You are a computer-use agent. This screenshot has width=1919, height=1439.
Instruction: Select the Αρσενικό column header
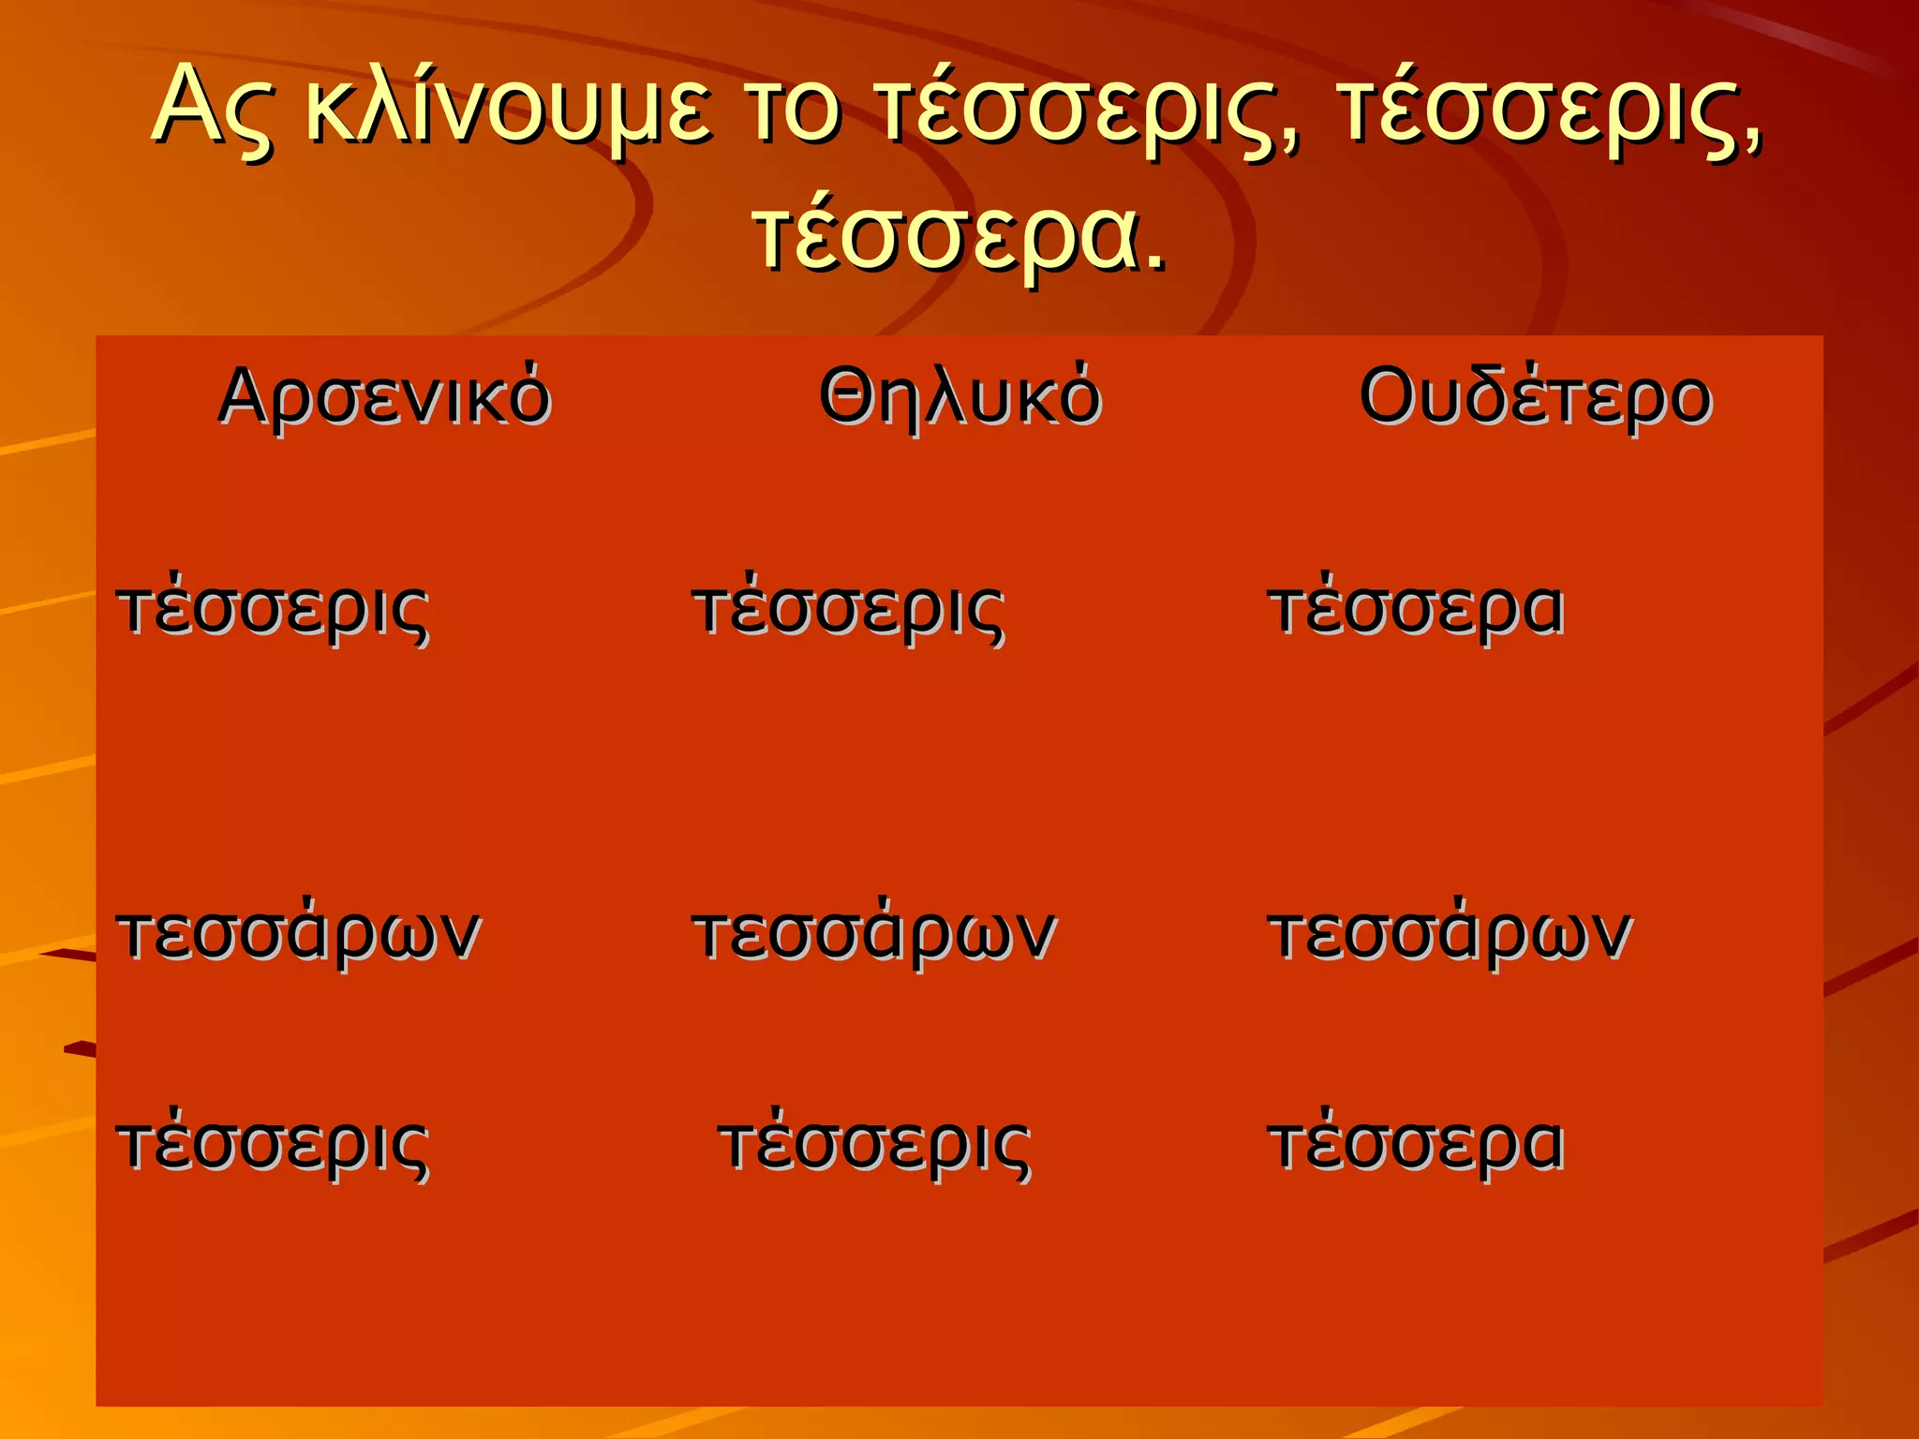click(384, 397)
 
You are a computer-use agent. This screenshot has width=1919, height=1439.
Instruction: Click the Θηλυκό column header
click(959, 397)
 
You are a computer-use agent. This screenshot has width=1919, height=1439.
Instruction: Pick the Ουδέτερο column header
click(1535, 397)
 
